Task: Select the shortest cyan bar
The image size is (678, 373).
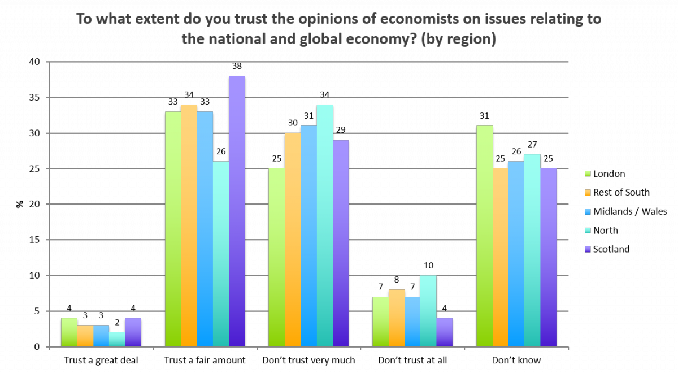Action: [x=117, y=339]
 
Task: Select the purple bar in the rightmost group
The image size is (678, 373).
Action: [x=549, y=257]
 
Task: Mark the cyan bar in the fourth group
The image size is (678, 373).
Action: [x=428, y=311]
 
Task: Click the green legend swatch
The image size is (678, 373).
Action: [x=588, y=174]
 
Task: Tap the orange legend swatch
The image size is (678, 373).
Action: [x=588, y=192]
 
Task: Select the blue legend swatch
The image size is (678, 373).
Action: [x=588, y=211]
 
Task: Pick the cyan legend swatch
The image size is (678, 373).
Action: [x=588, y=230]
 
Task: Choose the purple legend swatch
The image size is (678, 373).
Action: [x=588, y=249]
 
